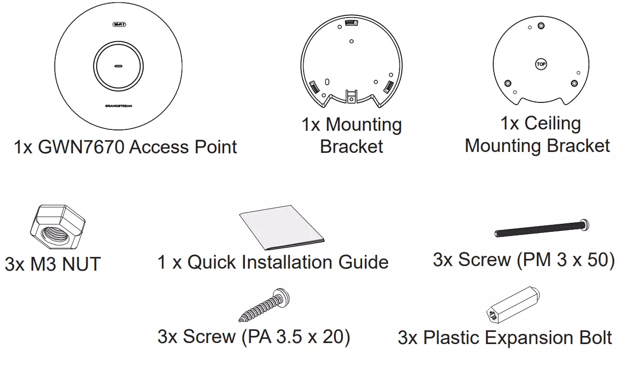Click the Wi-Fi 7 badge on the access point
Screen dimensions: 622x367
tap(119, 24)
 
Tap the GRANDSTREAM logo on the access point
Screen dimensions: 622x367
tap(119, 106)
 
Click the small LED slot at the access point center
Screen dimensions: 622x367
tap(119, 66)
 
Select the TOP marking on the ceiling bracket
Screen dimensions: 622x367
tap(541, 64)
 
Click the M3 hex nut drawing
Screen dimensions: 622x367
tap(58, 227)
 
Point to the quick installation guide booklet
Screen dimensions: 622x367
tap(282, 227)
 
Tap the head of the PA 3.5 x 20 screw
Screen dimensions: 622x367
tap(281, 298)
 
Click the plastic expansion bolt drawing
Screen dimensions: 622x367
tap(513, 305)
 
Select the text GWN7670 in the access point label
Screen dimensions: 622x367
tap(81, 147)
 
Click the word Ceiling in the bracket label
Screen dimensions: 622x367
tap(553, 123)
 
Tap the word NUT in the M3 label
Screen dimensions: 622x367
tap(82, 264)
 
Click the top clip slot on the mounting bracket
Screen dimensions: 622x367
tap(351, 23)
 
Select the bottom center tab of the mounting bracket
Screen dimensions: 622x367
tap(351, 97)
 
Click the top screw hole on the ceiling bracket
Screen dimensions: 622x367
tap(541, 26)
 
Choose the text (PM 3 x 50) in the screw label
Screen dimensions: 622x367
tap(565, 260)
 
